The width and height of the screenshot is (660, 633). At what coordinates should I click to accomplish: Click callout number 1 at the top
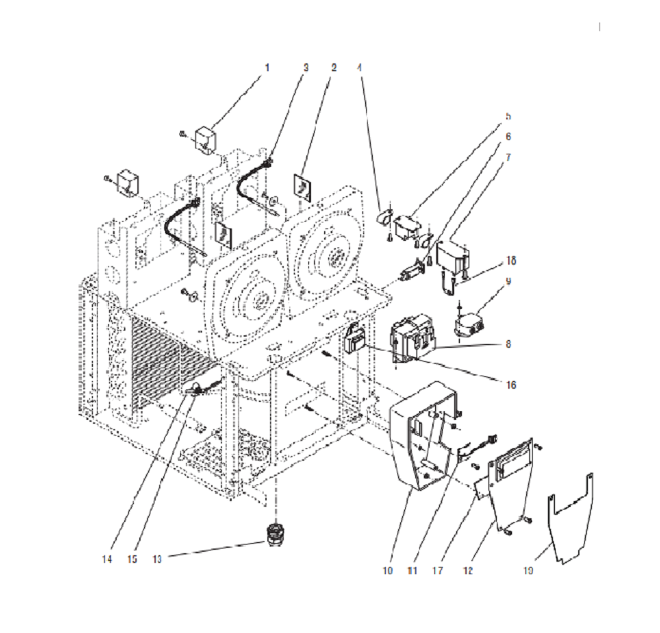(x=267, y=67)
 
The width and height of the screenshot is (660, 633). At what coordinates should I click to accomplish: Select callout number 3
(x=306, y=67)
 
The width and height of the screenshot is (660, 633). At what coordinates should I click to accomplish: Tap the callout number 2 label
(x=334, y=67)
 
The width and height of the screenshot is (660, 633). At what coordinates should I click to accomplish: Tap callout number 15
(x=133, y=558)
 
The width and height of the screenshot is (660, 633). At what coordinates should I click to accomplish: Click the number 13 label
(x=156, y=558)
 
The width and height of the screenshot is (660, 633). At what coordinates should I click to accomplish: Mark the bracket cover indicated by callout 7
(x=453, y=257)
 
